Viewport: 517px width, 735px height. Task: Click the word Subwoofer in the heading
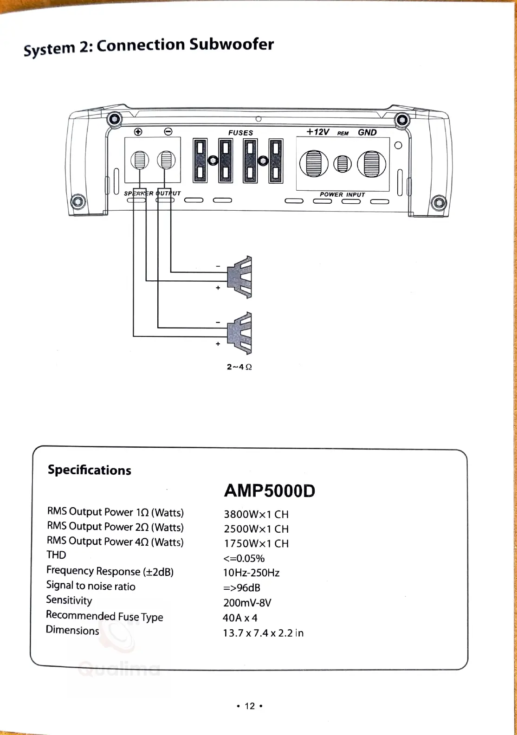232,45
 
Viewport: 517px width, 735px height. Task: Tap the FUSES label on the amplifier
240,133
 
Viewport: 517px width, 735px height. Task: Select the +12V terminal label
317,132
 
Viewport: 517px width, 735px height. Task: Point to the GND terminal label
367,132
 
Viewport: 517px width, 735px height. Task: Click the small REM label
343,134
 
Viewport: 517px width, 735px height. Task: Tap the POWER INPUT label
342,194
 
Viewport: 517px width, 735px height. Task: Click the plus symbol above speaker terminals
138,132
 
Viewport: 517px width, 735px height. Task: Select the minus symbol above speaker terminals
168,132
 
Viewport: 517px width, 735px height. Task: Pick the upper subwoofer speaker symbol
240,277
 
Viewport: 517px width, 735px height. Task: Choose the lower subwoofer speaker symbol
240,333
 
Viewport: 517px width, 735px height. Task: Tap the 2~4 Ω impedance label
239,367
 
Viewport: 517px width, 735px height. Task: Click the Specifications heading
90,470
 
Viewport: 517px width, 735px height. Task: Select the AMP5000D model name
269,491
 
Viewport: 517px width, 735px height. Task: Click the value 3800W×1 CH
256,514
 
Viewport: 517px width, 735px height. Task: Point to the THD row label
56,555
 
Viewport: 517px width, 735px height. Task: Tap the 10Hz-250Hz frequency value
251,573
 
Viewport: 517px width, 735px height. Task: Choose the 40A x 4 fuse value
240,618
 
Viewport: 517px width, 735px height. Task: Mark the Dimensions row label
72,631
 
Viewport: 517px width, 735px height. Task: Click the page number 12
250,706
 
